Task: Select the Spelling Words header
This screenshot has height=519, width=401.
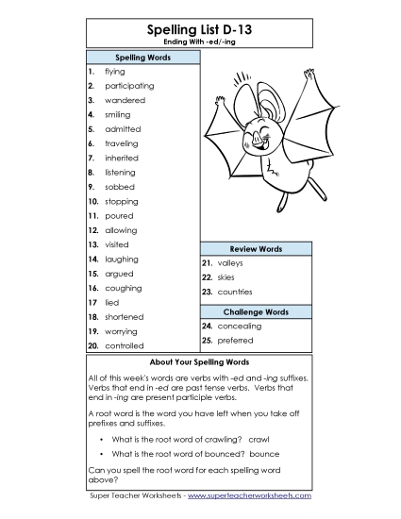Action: tap(142, 58)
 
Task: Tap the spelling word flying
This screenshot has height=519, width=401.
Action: tap(114, 72)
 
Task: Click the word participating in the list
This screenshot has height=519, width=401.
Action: tap(129, 86)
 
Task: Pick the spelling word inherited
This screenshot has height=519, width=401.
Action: tap(122, 159)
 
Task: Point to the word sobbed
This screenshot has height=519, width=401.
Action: tap(119, 187)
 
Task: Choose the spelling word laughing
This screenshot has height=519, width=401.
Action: tap(122, 259)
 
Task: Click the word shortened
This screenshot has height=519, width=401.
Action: tap(124, 317)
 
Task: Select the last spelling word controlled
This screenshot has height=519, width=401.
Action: tap(124, 346)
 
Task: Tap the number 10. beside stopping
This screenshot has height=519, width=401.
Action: tap(93, 202)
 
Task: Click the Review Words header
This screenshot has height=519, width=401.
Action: tap(257, 248)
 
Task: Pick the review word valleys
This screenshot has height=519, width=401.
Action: tap(230, 263)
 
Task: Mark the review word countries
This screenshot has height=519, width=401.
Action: tap(235, 293)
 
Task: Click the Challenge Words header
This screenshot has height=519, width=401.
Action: tap(257, 311)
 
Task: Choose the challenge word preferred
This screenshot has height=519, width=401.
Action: tap(235, 341)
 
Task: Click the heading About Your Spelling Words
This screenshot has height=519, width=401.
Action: tap(200, 362)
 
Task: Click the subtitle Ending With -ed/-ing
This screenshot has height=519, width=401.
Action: tap(200, 42)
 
